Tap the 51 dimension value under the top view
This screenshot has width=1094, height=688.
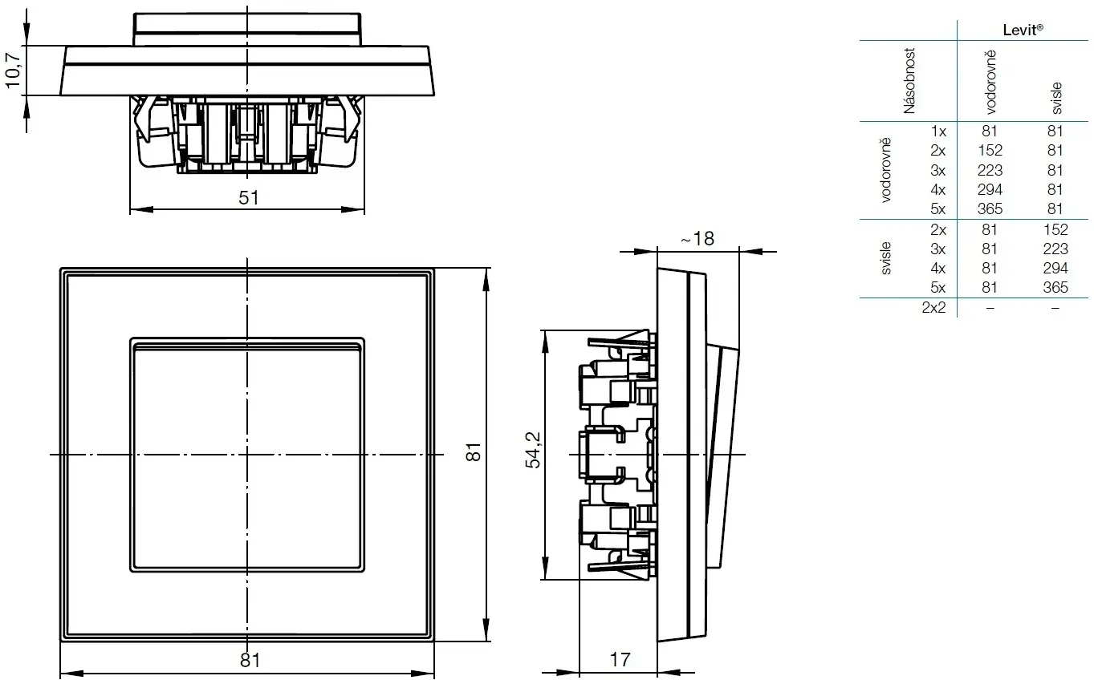(249, 197)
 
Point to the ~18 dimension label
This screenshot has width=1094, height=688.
(696, 238)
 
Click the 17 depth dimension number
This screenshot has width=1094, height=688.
(620, 660)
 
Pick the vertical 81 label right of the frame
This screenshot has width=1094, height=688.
(474, 451)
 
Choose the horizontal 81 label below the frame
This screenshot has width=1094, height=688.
(250, 660)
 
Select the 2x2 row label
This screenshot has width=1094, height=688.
(933, 307)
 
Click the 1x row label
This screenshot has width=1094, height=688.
(937, 131)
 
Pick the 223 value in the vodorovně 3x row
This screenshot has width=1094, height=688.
(989, 170)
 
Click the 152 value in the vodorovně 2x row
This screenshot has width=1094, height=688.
(989, 150)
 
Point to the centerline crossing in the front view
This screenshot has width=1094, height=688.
(247, 455)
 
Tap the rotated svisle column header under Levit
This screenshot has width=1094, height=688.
(1055, 95)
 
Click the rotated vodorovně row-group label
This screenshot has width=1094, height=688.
(886, 170)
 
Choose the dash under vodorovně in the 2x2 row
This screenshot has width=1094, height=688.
(989, 308)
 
